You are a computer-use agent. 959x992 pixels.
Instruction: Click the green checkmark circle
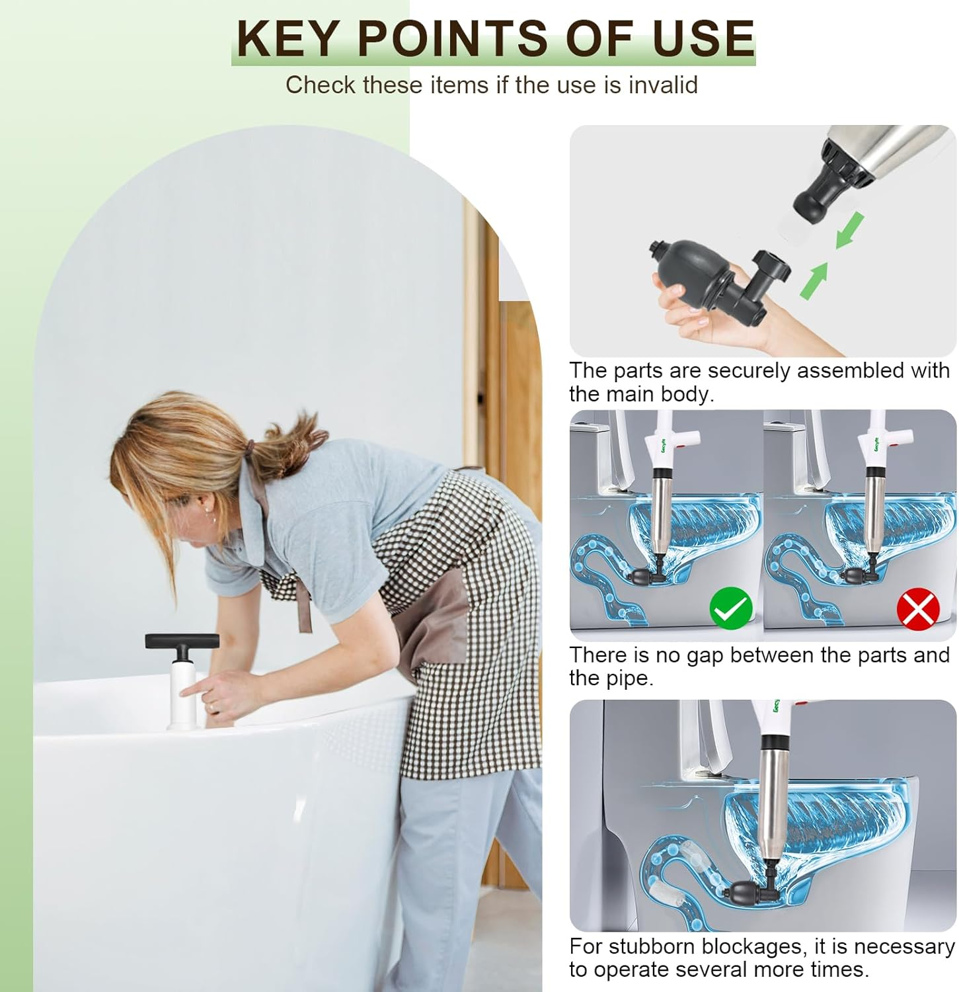[731, 608]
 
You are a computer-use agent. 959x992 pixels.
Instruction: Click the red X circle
[918, 609]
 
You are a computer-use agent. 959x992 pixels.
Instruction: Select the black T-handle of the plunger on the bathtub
[182, 641]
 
